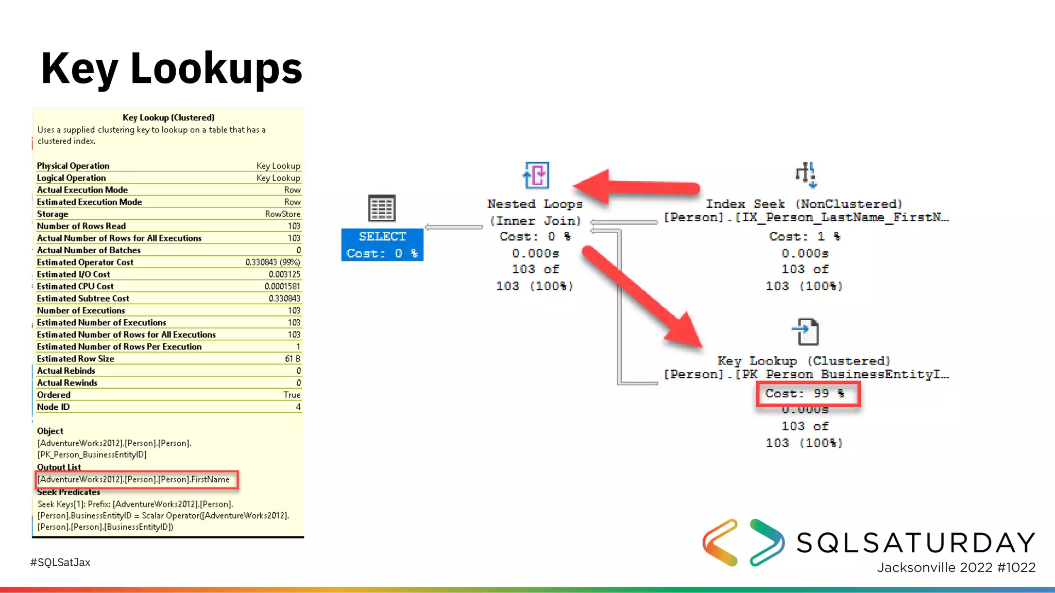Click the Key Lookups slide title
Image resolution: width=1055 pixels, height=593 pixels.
pos(172,69)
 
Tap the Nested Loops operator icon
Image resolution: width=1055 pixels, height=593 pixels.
pos(536,176)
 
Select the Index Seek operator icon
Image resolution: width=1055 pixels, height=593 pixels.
pos(806,175)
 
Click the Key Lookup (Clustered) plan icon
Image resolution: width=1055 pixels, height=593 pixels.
pos(806,332)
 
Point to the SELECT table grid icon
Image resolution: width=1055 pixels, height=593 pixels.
pos(382,208)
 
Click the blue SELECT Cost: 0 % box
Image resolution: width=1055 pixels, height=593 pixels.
pos(382,245)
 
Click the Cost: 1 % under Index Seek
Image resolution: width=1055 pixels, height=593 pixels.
pos(805,237)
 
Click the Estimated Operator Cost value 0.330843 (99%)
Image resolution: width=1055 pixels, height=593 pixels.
pos(273,263)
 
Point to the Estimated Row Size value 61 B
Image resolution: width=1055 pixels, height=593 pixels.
pos(292,359)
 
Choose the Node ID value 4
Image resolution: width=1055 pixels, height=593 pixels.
pos(298,407)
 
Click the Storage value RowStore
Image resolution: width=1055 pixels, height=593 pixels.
pos(282,214)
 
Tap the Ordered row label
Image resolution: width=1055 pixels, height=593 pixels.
pos(54,395)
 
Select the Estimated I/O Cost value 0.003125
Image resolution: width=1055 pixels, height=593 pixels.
pos(284,274)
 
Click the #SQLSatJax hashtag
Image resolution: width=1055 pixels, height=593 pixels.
pos(60,563)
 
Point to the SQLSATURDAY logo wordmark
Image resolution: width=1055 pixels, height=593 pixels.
pos(916,543)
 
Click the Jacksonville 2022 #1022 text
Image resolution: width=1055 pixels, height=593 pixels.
pos(956,568)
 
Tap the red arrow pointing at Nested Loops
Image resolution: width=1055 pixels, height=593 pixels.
pos(639,187)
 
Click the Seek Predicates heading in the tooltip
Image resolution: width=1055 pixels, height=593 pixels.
pos(69,492)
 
